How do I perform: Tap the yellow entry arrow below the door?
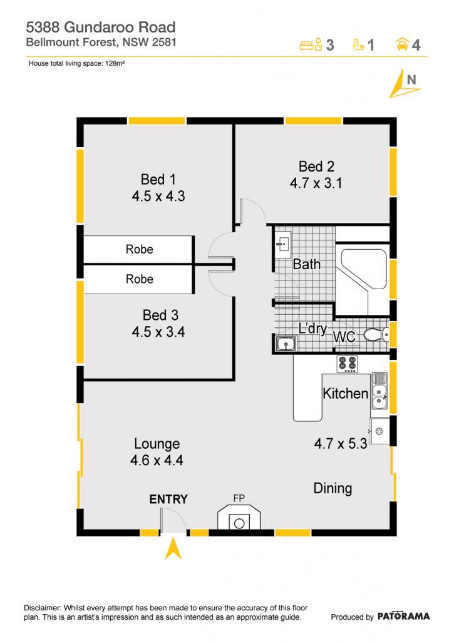point(173,548)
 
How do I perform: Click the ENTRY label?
point(168,499)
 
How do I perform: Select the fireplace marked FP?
point(239,518)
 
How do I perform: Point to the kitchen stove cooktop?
point(348,364)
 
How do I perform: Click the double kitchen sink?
point(379,391)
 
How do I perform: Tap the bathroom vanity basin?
point(282,245)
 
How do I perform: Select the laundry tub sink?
point(286,344)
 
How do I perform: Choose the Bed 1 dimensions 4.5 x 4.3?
point(158,196)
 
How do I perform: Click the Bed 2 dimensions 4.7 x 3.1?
point(316,183)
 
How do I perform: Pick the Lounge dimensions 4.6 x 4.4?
point(157,460)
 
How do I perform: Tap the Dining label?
point(333,488)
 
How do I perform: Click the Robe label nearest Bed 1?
point(140,249)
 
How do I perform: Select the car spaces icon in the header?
point(403,44)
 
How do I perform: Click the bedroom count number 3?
point(329,44)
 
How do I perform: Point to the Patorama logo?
point(403,616)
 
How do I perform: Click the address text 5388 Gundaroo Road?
point(101,28)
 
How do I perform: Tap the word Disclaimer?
point(42,608)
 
